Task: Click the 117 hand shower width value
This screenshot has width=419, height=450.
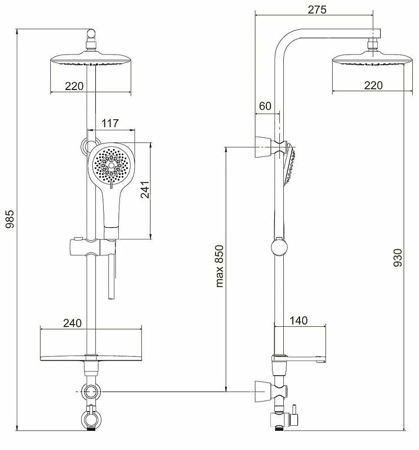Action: click(x=110, y=123)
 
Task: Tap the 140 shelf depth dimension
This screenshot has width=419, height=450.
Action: click(x=298, y=321)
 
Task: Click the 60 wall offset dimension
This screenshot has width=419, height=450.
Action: click(x=265, y=106)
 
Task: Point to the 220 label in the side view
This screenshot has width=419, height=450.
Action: click(x=373, y=85)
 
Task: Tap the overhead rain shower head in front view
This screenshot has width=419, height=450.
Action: click(x=91, y=60)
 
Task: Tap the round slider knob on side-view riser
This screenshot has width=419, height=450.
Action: click(x=279, y=247)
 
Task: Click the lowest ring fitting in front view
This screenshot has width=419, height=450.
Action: click(x=90, y=417)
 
